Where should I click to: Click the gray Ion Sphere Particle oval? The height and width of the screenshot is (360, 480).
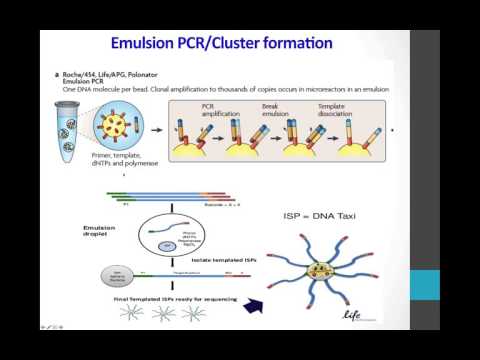click(x=93, y=270)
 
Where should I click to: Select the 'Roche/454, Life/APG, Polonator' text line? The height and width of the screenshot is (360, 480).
click(x=116, y=76)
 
